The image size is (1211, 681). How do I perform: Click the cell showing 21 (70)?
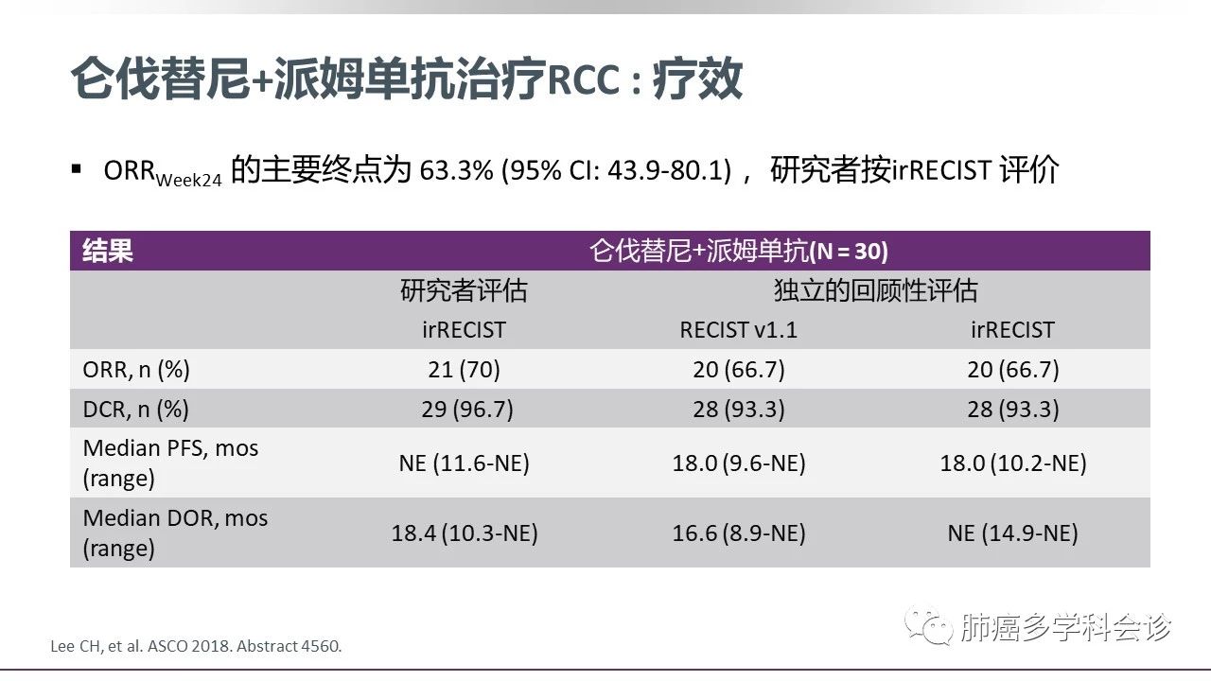coord(464,370)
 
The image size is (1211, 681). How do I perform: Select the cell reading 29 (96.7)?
coord(467,410)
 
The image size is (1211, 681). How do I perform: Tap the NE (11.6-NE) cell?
coord(464,463)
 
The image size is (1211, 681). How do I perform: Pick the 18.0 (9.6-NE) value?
coord(739,463)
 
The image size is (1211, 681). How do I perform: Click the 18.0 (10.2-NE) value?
coord(1012,463)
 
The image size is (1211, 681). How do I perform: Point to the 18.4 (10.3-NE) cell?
coord(465,533)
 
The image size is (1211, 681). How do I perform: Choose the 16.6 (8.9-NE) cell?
coord(739,533)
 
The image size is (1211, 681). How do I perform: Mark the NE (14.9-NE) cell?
coord(1012,533)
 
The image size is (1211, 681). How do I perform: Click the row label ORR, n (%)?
coord(136,370)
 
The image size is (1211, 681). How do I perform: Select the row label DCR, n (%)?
coord(135,410)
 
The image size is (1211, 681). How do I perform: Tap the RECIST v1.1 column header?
coord(739,330)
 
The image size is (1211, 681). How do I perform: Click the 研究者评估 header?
coord(464,290)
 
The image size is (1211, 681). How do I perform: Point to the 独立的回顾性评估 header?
coord(876,290)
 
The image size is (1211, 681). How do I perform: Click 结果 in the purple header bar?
coord(108,251)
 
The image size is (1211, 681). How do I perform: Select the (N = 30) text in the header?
coord(849,252)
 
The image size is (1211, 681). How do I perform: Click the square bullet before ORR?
coord(77,169)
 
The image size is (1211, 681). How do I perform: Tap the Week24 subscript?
coord(189,180)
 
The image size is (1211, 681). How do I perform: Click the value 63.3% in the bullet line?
coord(456,169)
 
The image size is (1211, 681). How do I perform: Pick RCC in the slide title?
coord(584,80)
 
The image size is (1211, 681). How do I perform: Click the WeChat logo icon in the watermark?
coord(929,626)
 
